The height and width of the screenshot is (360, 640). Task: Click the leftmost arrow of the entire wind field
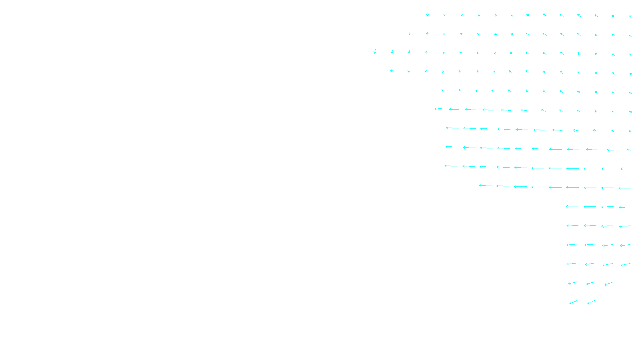pyautogui.click(x=375, y=51)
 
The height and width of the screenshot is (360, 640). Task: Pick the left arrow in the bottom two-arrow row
pyautogui.click(x=573, y=302)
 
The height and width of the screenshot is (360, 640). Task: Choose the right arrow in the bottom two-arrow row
pyautogui.click(x=591, y=302)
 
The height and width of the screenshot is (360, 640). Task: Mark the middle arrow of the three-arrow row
pyautogui.click(x=590, y=283)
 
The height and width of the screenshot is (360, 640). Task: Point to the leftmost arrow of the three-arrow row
pyautogui.click(x=573, y=283)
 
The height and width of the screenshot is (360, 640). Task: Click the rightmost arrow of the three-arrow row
pyautogui.click(x=608, y=284)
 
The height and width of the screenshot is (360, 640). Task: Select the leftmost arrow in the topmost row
pyautogui.click(x=428, y=15)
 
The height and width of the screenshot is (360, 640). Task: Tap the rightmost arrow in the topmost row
pyautogui.click(x=630, y=16)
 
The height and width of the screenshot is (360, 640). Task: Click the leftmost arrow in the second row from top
pyautogui.click(x=410, y=33)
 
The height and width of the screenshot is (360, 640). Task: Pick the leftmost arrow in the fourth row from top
pyautogui.click(x=392, y=70)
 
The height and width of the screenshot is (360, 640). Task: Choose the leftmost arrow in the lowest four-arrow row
pyautogui.click(x=572, y=264)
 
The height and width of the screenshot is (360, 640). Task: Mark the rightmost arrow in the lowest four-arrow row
pyautogui.click(x=626, y=264)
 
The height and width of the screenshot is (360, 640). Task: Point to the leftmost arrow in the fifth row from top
pyautogui.click(x=442, y=90)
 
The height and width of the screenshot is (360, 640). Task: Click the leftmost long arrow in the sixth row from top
pyautogui.click(x=438, y=109)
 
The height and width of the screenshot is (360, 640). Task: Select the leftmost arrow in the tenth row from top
pyautogui.click(x=486, y=186)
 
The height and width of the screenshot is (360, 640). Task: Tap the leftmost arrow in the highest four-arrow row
pyautogui.click(x=572, y=206)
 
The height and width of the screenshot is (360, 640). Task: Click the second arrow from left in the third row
pyautogui.click(x=392, y=52)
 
